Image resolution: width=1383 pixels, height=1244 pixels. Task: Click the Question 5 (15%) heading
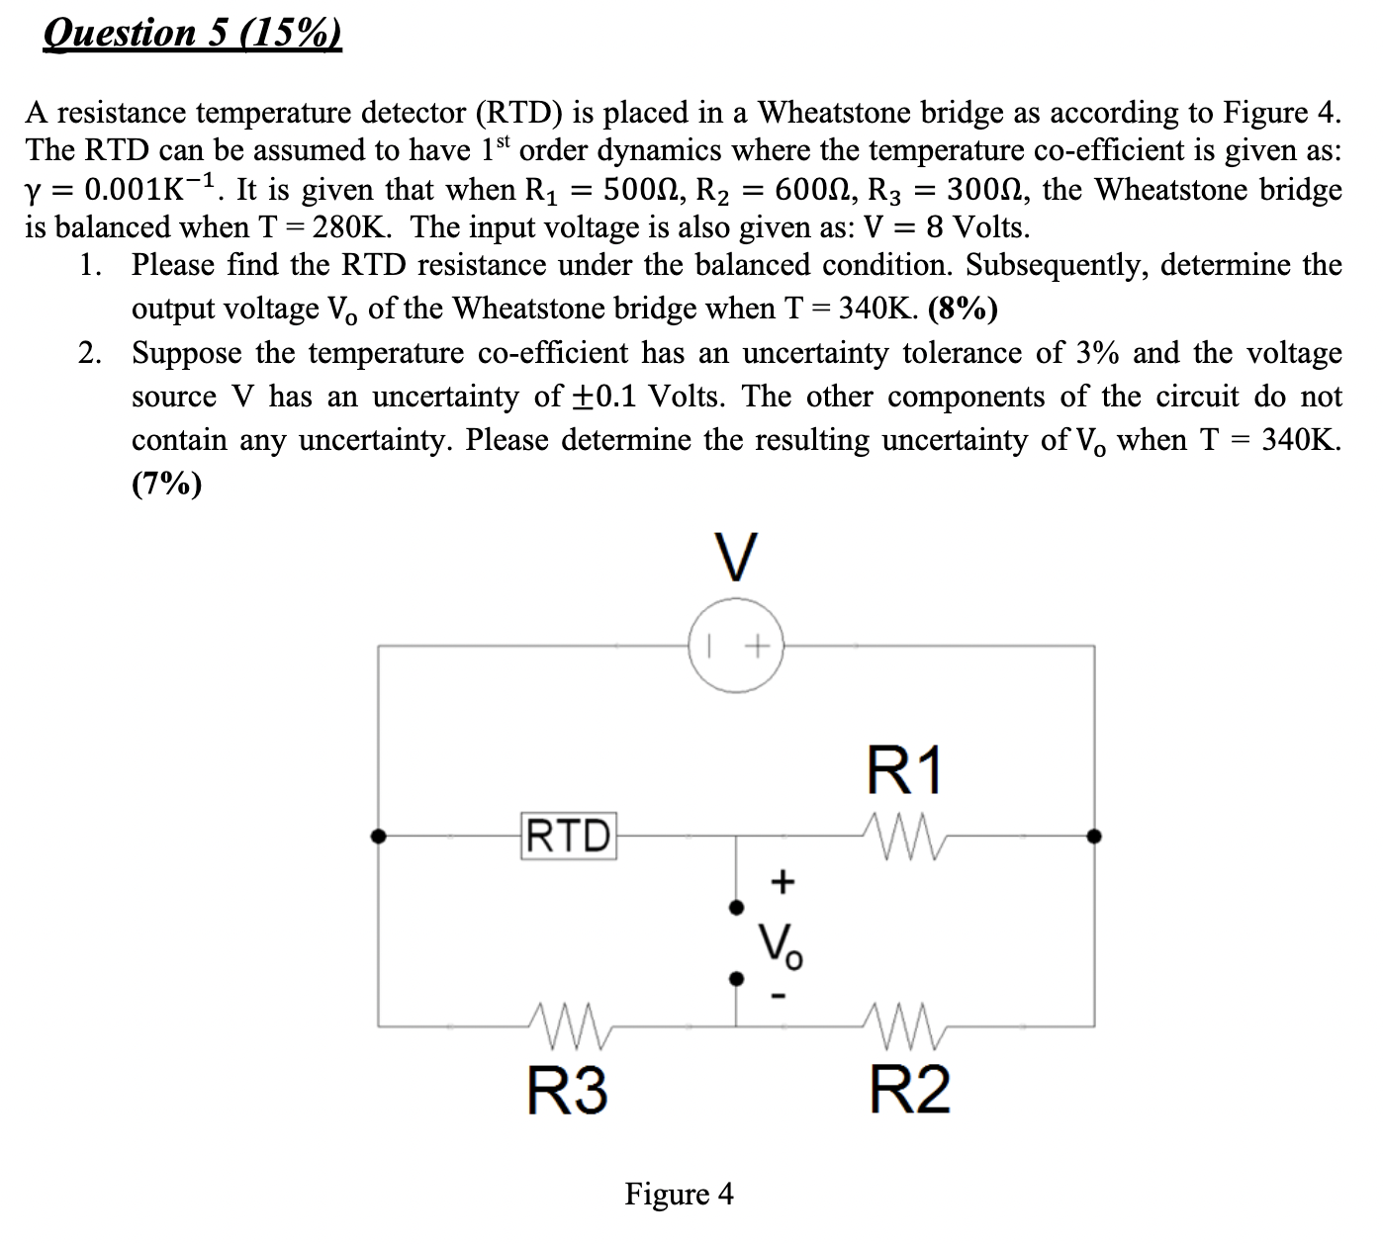point(193,33)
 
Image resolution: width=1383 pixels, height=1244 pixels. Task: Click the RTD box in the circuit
point(568,836)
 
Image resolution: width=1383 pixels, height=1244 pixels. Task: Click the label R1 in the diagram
point(906,771)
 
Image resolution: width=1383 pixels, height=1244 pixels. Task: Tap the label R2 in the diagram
point(909,1089)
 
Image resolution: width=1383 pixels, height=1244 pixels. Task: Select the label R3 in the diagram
point(567,1089)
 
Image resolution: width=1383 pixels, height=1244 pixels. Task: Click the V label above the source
point(736,559)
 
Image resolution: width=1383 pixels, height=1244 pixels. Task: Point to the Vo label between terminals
point(781,944)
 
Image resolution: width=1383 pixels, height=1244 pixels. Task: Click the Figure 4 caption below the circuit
point(679,1194)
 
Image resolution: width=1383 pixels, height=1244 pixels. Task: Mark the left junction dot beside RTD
point(377,837)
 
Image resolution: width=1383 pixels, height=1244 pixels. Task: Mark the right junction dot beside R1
point(1093,837)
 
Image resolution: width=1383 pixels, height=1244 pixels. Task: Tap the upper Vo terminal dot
point(735,907)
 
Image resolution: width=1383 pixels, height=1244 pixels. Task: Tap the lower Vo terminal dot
point(735,979)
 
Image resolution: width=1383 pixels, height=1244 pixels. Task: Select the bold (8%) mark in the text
point(963,309)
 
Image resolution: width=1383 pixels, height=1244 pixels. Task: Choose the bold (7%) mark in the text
point(166,484)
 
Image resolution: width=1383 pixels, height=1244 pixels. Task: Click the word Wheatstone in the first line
point(833,112)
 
